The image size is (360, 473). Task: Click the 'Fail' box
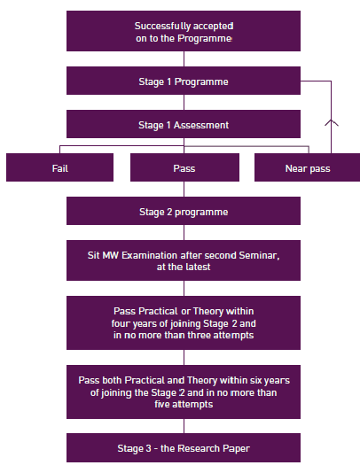59,167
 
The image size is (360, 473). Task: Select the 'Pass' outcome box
184,167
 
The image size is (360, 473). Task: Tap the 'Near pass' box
307,167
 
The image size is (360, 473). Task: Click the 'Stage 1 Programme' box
184,81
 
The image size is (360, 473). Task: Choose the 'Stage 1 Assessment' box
184,124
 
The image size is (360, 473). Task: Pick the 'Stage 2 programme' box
184,211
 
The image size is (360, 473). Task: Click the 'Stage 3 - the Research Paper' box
184,447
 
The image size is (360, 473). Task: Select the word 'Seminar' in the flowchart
258,255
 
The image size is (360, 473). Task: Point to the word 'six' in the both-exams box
256,380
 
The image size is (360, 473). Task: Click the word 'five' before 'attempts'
162,404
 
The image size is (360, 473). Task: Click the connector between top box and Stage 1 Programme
184,58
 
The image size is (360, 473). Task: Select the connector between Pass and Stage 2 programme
184,190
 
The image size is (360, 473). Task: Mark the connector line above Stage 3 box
184,426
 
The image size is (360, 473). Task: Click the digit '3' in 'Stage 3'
148,448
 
